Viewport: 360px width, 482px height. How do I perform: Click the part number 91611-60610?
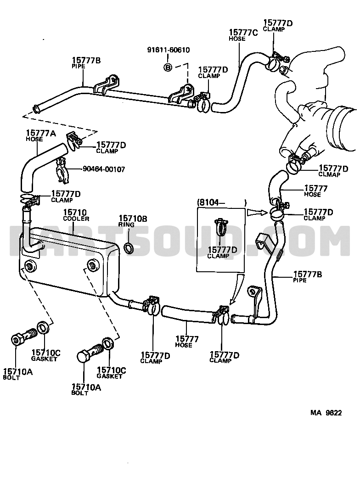[168, 50]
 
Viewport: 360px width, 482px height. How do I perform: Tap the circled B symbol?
[168, 67]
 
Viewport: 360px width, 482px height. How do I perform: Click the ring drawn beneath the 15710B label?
[129, 248]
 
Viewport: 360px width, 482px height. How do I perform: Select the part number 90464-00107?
[103, 169]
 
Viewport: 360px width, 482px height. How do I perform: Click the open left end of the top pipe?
[35, 109]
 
